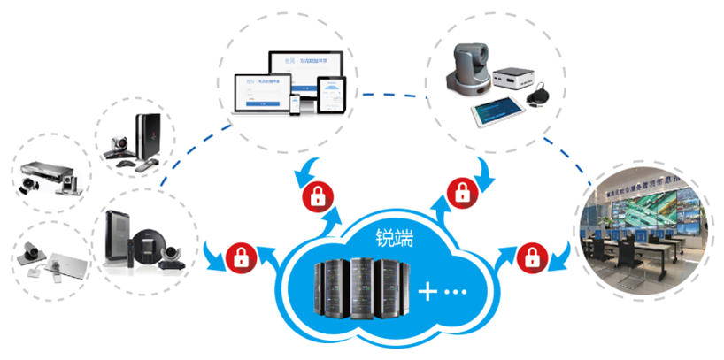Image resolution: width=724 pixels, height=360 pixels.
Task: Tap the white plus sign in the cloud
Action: (429, 291)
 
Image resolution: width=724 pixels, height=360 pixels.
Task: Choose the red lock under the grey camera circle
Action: (460, 191)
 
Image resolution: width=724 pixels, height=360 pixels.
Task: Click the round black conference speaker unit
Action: (144, 241)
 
